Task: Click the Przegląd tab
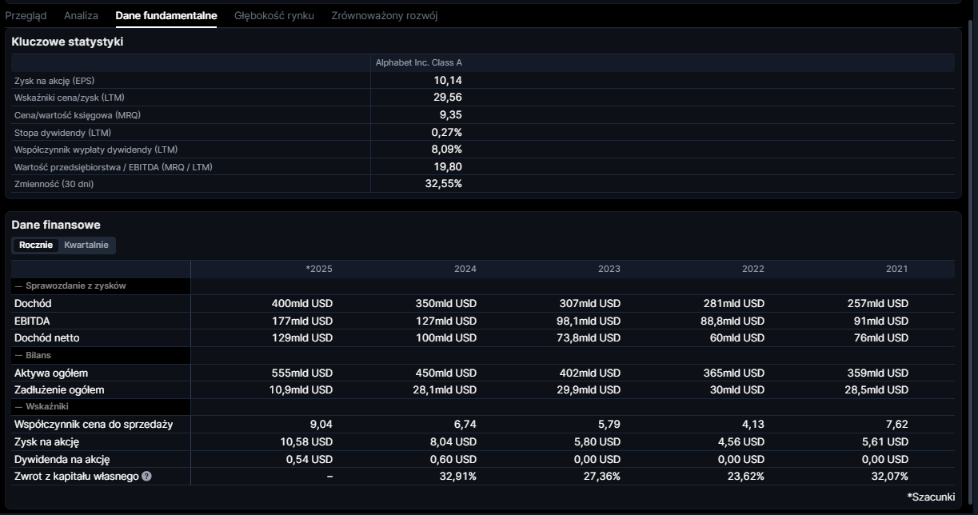pos(26,15)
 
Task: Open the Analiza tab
pos(81,15)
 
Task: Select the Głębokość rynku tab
pos(274,15)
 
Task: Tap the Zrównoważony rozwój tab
pos(385,15)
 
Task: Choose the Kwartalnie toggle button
pos(86,245)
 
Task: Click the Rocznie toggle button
pos(36,245)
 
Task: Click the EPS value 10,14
pos(448,80)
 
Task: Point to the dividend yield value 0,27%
pos(446,132)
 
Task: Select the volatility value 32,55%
pos(443,183)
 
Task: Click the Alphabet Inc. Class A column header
pos(419,62)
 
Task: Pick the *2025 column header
pos(319,269)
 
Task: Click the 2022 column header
pos(752,269)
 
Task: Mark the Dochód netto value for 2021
pos(880,337)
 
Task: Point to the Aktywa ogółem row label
pos(51,373)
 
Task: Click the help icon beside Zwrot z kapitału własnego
pos(146,476)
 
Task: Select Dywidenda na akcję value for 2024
pos(453,459)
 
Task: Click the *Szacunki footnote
pos(931,497)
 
